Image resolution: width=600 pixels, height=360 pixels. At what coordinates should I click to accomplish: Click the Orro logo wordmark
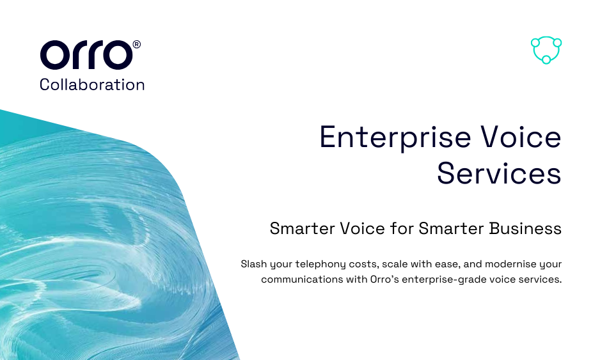86,55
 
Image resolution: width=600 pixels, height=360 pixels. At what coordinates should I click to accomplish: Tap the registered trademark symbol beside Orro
137,45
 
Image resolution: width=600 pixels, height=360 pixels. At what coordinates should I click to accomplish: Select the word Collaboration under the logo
92,84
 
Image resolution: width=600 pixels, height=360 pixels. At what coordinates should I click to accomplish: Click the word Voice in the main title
521,137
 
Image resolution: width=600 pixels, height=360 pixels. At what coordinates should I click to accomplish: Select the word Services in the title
500,173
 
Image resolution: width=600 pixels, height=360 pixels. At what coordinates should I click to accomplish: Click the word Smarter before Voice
303,228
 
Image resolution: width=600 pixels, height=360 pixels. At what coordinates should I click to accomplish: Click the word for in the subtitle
402,228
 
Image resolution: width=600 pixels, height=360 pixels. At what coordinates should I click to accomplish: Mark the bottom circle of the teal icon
546,59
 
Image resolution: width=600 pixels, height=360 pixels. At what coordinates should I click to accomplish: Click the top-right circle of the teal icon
558,42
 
